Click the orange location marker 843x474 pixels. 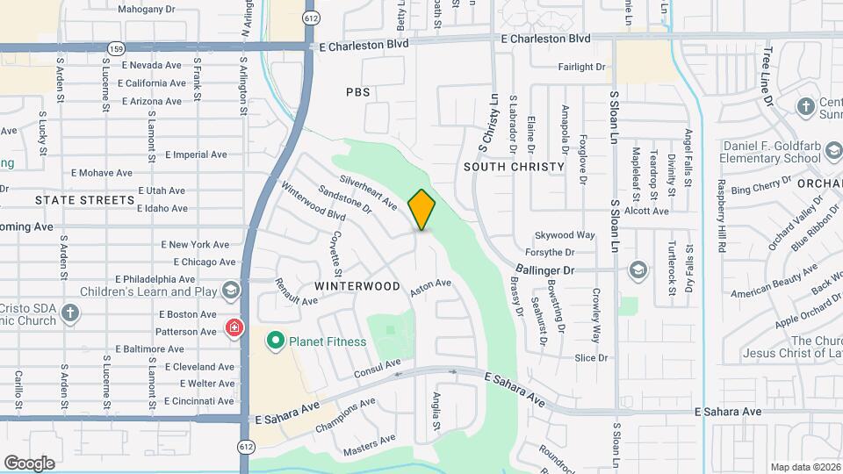click(422, 210)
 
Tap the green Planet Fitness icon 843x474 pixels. click(275, 339)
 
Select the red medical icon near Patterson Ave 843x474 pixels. click(234, 329)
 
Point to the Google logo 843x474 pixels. click(29, 463)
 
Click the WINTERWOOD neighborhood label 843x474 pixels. click(357, 286)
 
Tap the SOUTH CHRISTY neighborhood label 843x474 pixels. click(514, 167)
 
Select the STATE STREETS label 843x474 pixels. click(84, 200)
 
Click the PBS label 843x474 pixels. click(358, 92)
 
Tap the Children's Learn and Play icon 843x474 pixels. click(230, 291)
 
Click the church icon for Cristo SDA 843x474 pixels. click(70, 313)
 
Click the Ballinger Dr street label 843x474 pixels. click(544, 271)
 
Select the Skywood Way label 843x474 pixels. click(566, 235)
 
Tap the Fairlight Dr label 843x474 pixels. click(581, 67)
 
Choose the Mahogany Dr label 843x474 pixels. click(147, 9)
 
